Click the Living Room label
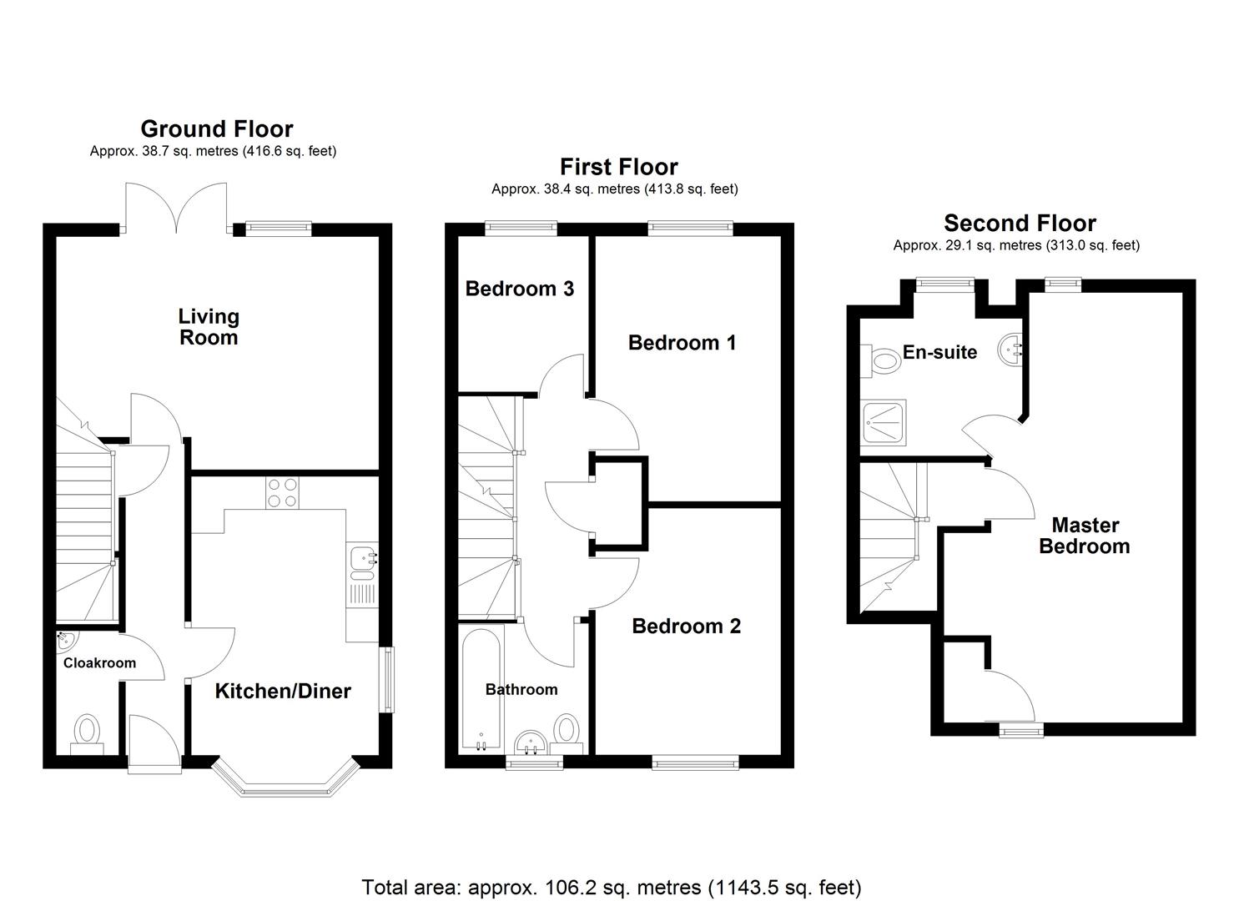click(x=209, y=327)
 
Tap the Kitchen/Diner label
click(x=283, y=691)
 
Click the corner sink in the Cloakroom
click(x=65, y=642)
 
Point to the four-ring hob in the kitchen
click(x=282, y=492)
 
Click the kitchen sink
click(x=363, y=561)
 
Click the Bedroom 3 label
click(x=519, y=289)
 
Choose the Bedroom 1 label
click(x=682, y=343)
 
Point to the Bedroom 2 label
click(x=686, y=627)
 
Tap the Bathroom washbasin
click(x=530, y=742)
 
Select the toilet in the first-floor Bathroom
click(x=567, y=728)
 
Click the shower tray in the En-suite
click(x=884, y=422)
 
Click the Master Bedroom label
click(x=1084, y=536)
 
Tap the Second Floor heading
click(x=1020, y=224)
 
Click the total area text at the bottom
click(x=611, y=887)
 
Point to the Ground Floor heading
click(x=217, y=129)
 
